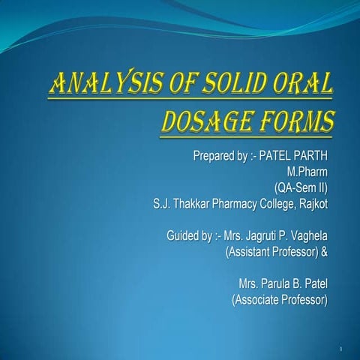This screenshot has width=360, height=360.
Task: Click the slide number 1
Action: [341, 350]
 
